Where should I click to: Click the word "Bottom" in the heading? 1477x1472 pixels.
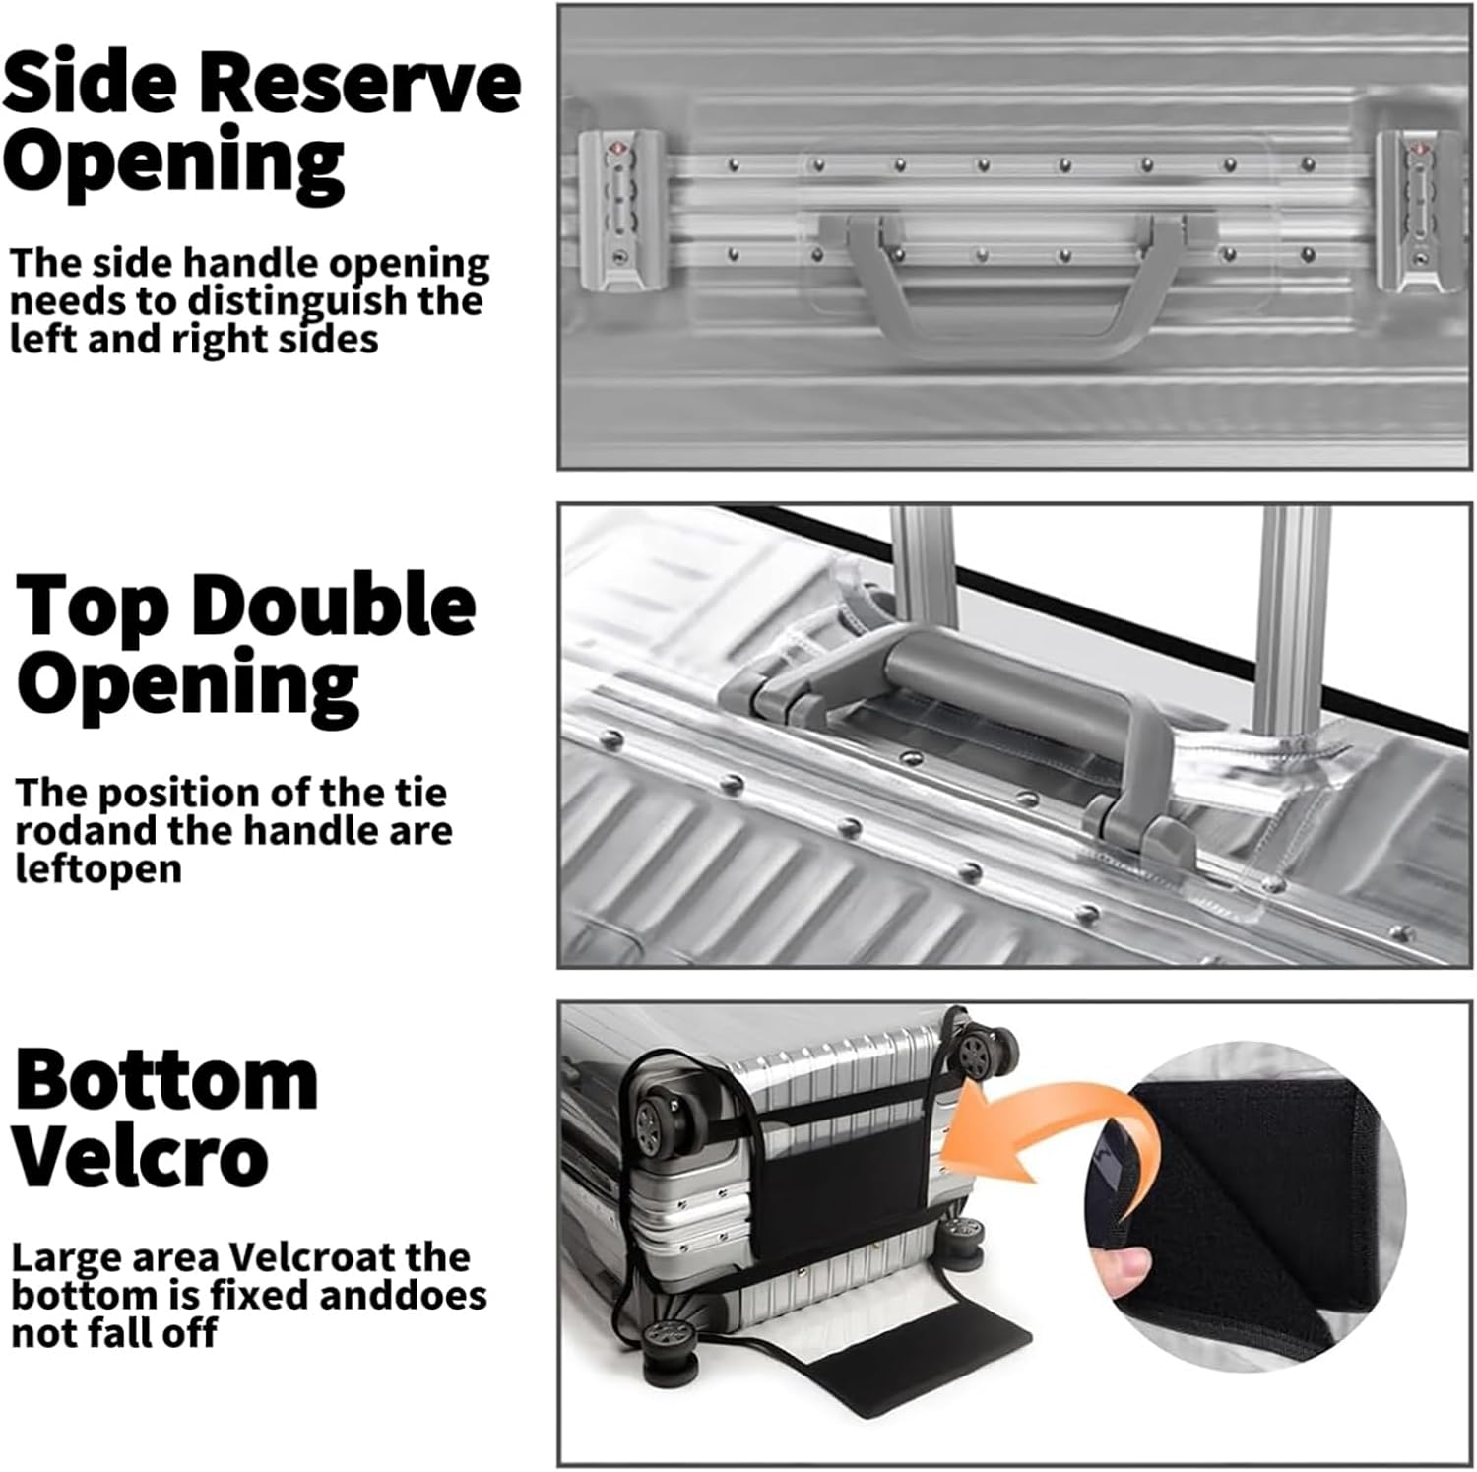166,1080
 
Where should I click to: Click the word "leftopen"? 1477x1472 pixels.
98,869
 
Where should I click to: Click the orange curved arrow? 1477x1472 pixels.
1044,1127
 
